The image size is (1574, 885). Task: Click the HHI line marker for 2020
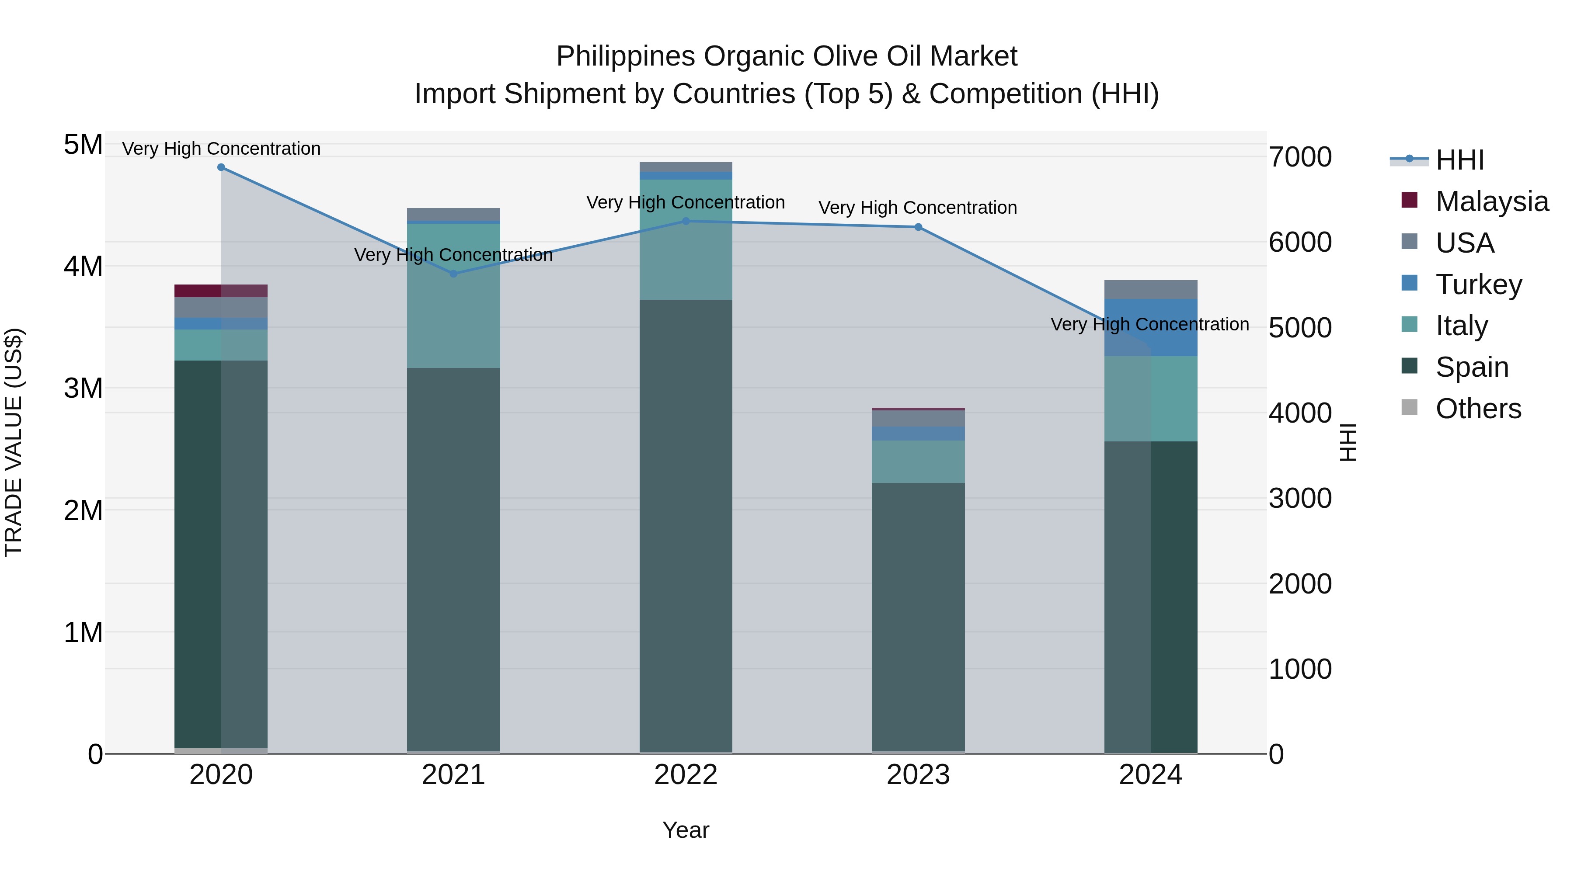tap(221, 167)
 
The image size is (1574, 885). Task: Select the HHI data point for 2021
tap(453, 274)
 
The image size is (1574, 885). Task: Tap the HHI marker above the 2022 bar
tap(686, 221)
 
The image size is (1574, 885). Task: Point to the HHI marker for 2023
tap(918, 227)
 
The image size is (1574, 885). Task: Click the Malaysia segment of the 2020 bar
tap(221, 291)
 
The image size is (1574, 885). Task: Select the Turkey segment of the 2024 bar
tap(1151, 327)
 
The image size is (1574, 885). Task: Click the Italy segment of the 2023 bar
tap(918, 462)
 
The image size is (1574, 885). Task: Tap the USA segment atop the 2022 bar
tap(686, 167)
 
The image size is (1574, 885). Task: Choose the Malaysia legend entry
tap(1491, 201)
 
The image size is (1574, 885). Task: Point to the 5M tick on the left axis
tap(83, 146)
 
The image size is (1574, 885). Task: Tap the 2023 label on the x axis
tap(918, 775)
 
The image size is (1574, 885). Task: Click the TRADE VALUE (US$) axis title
tap(14, 442)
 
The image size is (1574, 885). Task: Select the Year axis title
tap(686, 830)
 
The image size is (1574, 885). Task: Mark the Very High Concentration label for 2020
tap(221, 149)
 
